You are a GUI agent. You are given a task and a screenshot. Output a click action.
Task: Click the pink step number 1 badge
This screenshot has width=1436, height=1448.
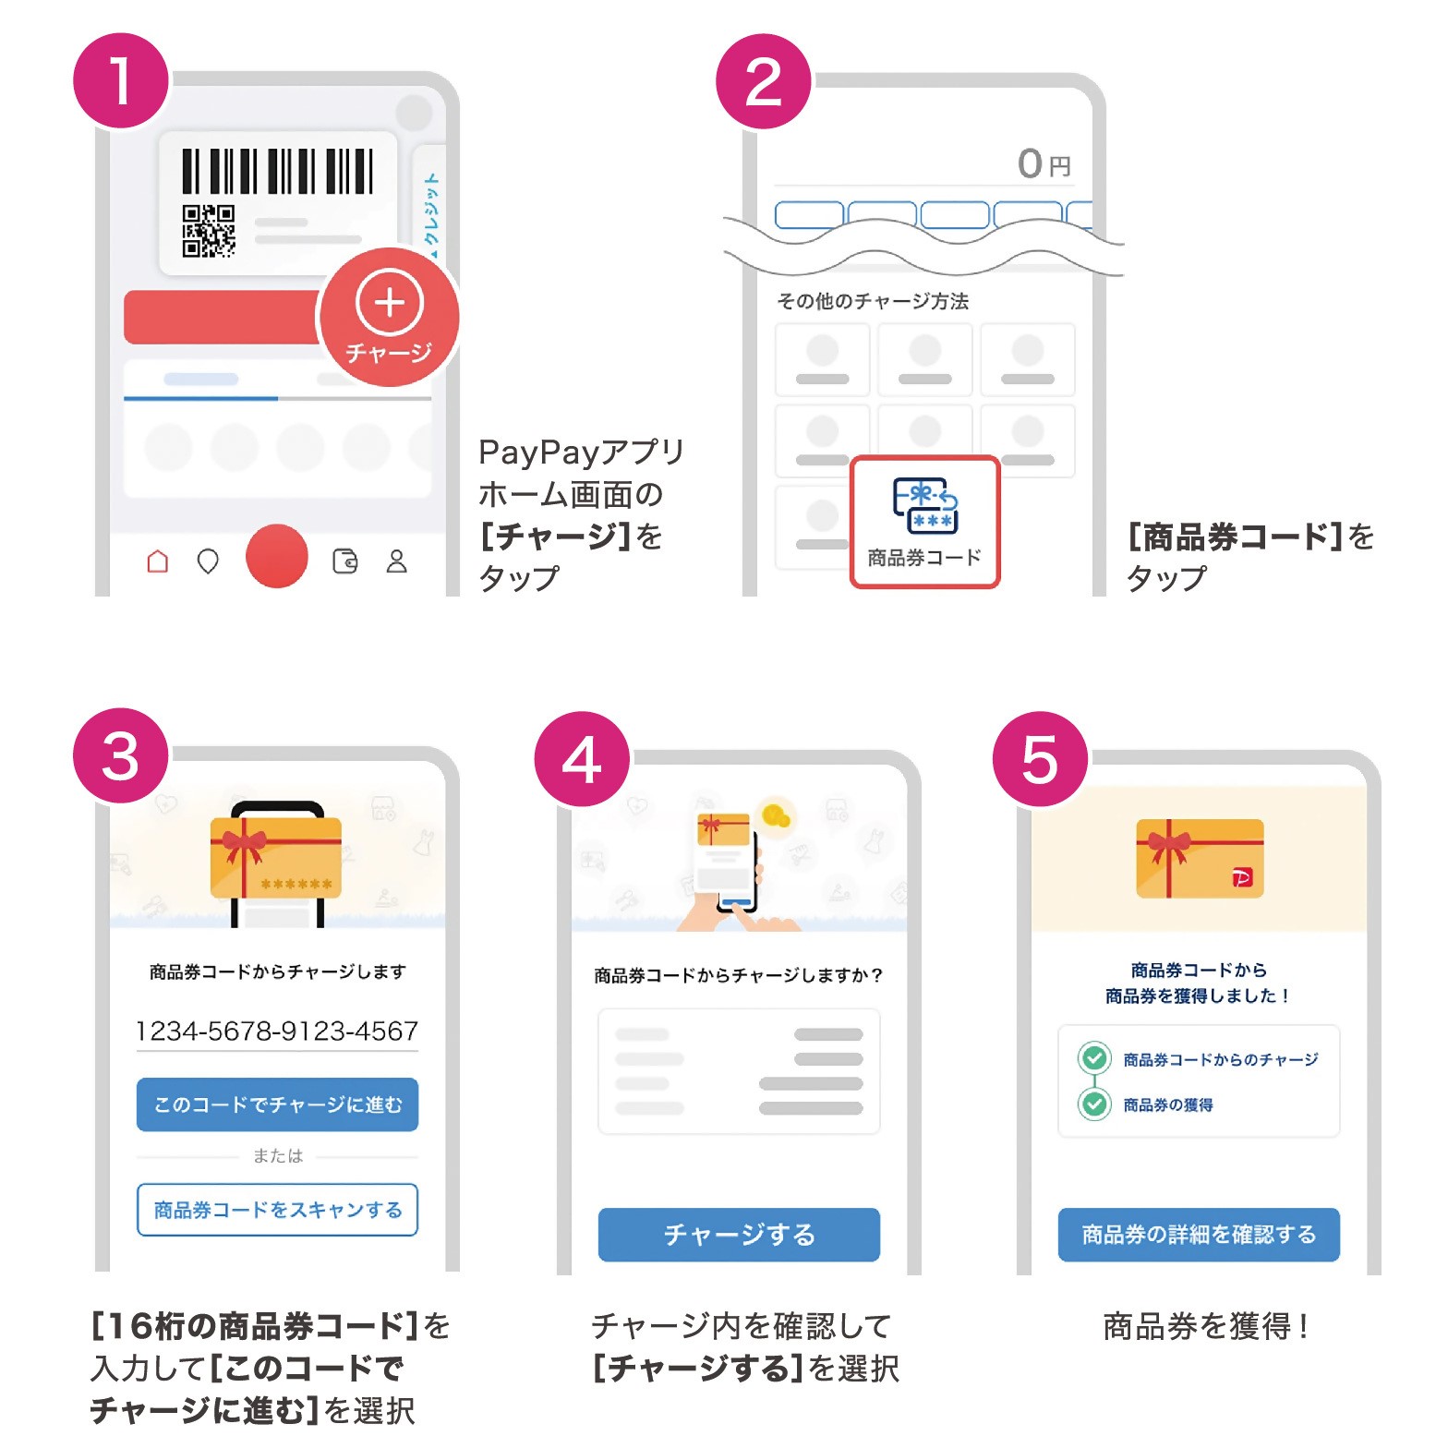point(121,81)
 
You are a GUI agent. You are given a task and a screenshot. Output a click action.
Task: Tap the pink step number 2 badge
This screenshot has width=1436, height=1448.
point(764,81)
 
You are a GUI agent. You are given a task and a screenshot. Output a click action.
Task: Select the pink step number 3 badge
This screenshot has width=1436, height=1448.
point(121,756)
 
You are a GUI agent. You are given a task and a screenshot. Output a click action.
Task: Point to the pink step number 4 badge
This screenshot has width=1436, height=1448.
point(582,760)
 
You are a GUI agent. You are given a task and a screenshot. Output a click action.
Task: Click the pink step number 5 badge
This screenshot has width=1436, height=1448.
point(1041,760)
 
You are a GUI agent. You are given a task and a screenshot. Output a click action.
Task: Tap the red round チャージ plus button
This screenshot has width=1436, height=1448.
point(389,318)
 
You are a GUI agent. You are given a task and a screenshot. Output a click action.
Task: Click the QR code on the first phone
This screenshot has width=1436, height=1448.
point(208,231)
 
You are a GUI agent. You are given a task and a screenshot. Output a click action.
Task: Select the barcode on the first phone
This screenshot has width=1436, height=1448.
point(278,171)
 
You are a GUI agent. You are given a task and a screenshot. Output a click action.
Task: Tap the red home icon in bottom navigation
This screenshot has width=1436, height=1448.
point(158,561)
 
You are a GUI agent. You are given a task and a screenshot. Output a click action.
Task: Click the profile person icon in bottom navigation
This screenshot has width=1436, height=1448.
point(397,561)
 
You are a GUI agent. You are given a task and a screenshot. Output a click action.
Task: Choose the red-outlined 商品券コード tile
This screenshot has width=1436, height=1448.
point(924,522)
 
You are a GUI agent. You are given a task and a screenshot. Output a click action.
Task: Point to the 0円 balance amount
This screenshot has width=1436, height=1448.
point(1044,164)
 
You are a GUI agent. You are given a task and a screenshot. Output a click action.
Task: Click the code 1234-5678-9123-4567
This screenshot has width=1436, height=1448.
point(277,1031)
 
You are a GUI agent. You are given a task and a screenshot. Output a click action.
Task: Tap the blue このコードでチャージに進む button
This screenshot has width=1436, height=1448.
point(277,1104)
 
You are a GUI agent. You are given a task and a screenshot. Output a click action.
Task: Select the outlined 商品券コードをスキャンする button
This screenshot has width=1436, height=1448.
point(277,1210)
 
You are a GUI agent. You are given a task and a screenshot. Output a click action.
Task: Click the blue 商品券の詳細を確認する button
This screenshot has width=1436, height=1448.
point(1199,1235)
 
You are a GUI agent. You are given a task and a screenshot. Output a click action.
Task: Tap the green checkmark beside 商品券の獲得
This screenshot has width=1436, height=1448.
point(1095,1104)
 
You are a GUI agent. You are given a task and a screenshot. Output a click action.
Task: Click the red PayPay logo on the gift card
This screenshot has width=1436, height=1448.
point(1243,877)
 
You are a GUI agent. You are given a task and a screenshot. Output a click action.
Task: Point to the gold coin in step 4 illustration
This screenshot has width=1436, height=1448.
point(776,815)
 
